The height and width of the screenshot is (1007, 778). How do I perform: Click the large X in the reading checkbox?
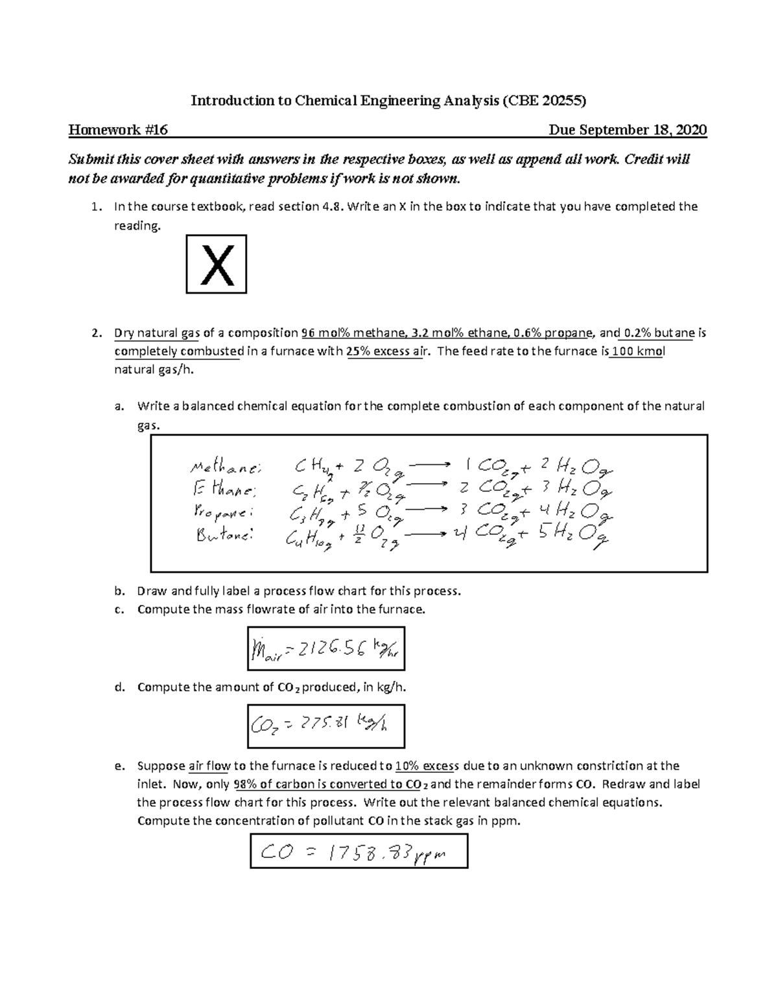[x=217, y=265]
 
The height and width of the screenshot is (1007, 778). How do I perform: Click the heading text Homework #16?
[x=118, y=130]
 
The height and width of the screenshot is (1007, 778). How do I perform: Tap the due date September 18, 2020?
[x=628, y=130]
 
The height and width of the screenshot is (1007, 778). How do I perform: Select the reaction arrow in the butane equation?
[x=425, y=534]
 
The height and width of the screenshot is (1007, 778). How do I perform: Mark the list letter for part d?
[x=119, y=687]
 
